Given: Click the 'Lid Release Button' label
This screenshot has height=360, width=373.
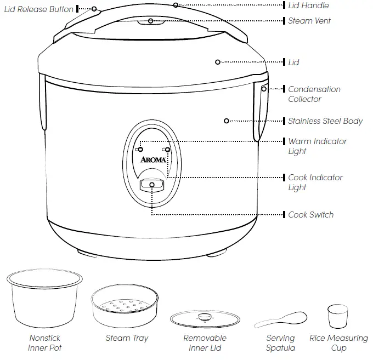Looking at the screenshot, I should click(x=38, y=9).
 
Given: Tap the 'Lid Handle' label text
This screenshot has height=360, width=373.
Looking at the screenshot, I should click(x=308, y=5).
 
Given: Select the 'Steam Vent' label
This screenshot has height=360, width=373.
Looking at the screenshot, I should click(x=309, y=21).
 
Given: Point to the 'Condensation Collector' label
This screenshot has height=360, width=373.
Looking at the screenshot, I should click(x=314, y=94).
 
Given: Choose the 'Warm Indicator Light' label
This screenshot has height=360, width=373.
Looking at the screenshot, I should click(x=317, y=146).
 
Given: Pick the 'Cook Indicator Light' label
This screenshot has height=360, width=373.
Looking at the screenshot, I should click(x=315, y=182).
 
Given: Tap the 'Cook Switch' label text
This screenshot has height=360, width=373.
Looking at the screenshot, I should click(x=310, y=215).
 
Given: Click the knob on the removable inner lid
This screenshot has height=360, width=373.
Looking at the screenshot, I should click(x=204, y=316).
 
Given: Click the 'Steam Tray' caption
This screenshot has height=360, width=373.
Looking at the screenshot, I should click(x=127, y=338).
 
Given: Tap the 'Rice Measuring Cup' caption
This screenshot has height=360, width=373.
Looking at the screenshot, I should click(x=338, y=343).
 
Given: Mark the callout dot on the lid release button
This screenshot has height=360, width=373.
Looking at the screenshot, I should click(x=94, y=9).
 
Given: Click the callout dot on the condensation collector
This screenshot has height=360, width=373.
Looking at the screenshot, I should click(x=264, y=89).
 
